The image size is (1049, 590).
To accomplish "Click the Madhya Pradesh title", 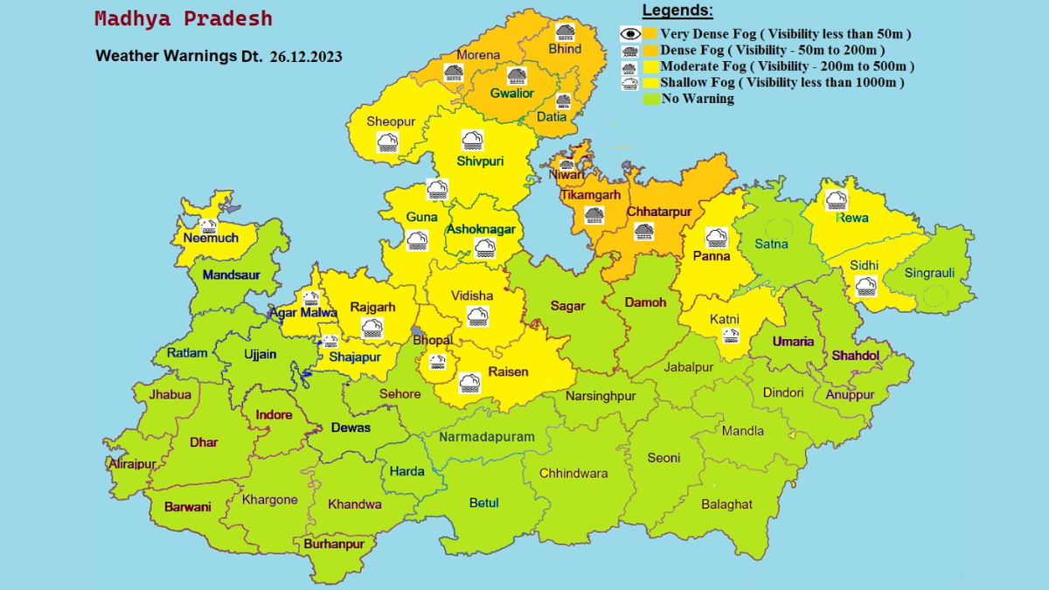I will tap(183, 19).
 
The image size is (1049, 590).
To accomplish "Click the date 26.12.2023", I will tap(306, 56).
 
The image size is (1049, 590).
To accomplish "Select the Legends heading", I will tap(677, 11).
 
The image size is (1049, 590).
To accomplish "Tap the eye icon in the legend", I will tap(629, 34).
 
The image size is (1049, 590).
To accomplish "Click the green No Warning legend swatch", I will tap(650, 99).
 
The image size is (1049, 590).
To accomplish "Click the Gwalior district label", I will tap(511, 93).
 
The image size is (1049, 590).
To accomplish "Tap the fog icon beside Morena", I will tap(454, 72).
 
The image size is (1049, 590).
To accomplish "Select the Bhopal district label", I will tap(433, 340).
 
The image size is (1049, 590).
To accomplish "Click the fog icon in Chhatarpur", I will tap(644, 231).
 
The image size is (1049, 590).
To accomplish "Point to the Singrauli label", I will tap(929, 273).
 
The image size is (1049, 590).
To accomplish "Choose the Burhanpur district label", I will tap(334, 544).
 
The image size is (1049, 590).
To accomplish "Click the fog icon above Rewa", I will tap(837, 199).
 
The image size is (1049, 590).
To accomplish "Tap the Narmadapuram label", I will tap(487, 436).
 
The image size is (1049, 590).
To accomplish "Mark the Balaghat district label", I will tap(726, 504).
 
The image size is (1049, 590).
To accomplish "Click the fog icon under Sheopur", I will tap(387, 142).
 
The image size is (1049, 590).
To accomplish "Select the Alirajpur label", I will tap(133, 464).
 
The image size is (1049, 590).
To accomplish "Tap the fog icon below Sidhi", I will tap(865, 285).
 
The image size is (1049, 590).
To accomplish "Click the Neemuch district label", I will tap(211, 238).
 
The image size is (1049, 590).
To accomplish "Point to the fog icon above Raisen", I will tap(469, 382).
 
